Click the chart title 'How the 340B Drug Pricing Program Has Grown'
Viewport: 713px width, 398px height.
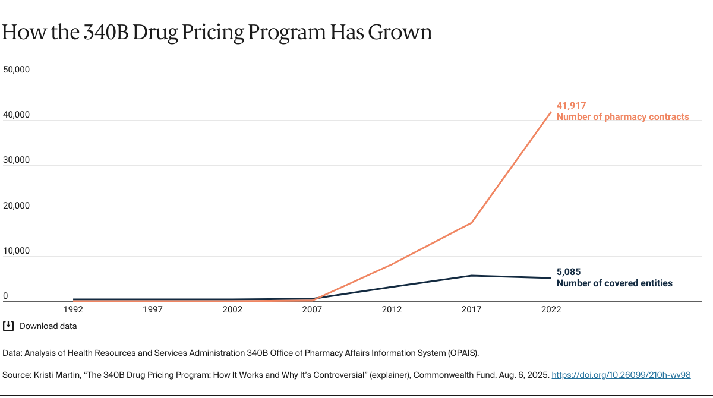click(216, 33)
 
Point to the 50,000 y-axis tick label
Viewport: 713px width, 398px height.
click(17, 70)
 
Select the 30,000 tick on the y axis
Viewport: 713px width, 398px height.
click(17, 160)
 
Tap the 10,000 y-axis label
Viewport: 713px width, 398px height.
click(17, 251)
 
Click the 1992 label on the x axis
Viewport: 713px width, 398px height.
click(74, 310)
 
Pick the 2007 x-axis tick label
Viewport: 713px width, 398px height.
click(313, 310)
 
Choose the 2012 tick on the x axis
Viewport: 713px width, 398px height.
click(392, 310)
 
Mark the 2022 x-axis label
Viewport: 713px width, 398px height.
click(551, 310)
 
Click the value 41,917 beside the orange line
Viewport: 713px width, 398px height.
click(571, 106)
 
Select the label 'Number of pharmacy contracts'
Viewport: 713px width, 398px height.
click(623, 117)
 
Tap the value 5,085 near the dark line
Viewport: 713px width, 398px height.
click(569, 272)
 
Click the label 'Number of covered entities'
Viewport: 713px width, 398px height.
click(614, 283)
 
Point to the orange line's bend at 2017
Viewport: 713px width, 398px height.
click(472, 223)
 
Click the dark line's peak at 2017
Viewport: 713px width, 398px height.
click(472, 276)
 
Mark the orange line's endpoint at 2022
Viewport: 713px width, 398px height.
click(551, 112)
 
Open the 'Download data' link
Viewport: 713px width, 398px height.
click(48, 326)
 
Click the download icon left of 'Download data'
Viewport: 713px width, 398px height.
click(8, 326)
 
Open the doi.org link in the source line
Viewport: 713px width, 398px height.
click(621, 375)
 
